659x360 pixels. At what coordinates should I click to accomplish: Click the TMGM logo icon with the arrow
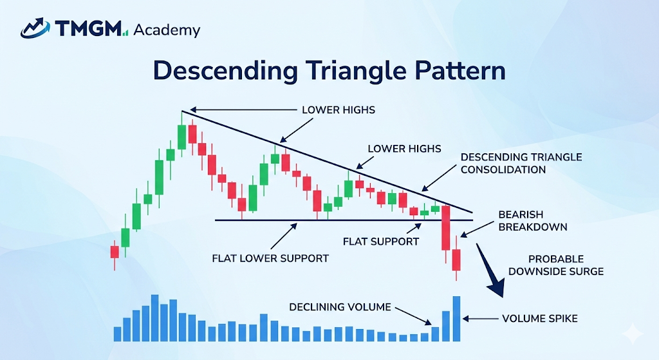(35, 28)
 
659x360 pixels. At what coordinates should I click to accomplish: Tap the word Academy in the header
(167, 30)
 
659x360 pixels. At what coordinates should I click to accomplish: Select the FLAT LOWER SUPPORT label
(270, 258)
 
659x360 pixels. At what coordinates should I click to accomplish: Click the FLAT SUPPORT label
(381, 242)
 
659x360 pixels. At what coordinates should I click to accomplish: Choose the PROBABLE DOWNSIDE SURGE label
(556, 265)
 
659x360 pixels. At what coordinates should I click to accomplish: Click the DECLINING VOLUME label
(340, 307)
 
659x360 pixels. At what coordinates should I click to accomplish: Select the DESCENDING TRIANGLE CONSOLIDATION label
(521, 164)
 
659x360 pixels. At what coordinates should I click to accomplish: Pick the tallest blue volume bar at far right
(456, 318)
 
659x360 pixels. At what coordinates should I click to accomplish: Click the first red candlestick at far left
(115, 252)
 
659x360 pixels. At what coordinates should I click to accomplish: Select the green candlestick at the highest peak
(181, 136)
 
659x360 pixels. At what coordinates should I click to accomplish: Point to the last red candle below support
(456, 260)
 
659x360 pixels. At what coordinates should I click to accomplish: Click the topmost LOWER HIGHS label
(339, 110)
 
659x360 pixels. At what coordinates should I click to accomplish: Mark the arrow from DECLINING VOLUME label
(412, 315)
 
